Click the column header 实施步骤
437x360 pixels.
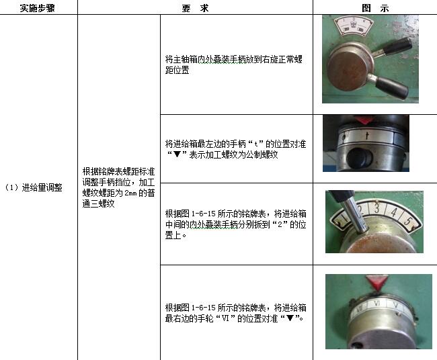37,8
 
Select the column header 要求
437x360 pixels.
195,8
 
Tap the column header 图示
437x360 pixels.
375,8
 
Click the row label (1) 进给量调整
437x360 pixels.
34,187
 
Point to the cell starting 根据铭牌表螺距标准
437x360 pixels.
118,187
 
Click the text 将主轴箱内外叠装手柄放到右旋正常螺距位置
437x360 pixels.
233,64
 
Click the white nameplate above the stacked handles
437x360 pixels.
354,26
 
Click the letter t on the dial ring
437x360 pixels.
367,136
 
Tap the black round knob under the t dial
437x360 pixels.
360,158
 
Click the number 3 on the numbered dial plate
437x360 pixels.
376,208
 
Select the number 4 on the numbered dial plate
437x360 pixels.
393,213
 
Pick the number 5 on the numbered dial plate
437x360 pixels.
407,222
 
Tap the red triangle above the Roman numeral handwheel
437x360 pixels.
376,283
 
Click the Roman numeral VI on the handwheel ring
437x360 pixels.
376,304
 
